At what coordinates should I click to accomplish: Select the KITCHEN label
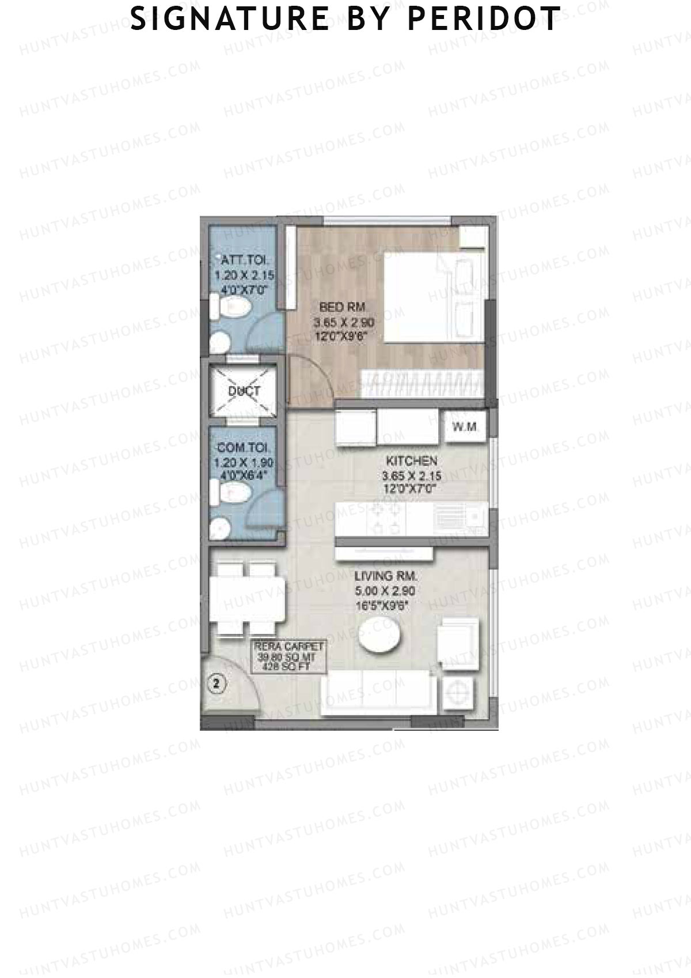pos(411,460)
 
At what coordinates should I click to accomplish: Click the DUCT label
pos(244,391)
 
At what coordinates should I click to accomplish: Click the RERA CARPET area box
pos(290,656)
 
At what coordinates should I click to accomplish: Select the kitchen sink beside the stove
pos(460,517)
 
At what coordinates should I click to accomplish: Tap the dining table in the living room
pos(246,598)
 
